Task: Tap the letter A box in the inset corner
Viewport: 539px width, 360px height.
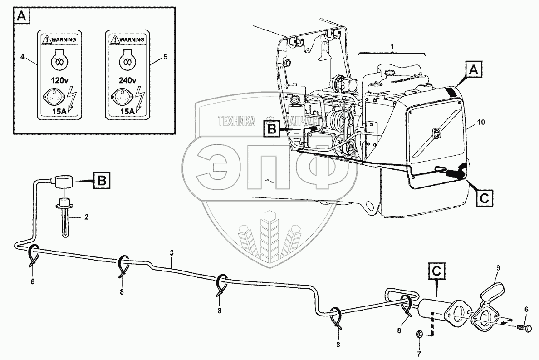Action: (22, 17)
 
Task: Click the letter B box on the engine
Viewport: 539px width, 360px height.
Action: (271, 129)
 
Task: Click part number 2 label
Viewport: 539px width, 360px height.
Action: (87, 217)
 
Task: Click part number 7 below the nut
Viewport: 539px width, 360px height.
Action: (419, 353)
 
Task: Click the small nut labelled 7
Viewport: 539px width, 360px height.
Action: (419, 335)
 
